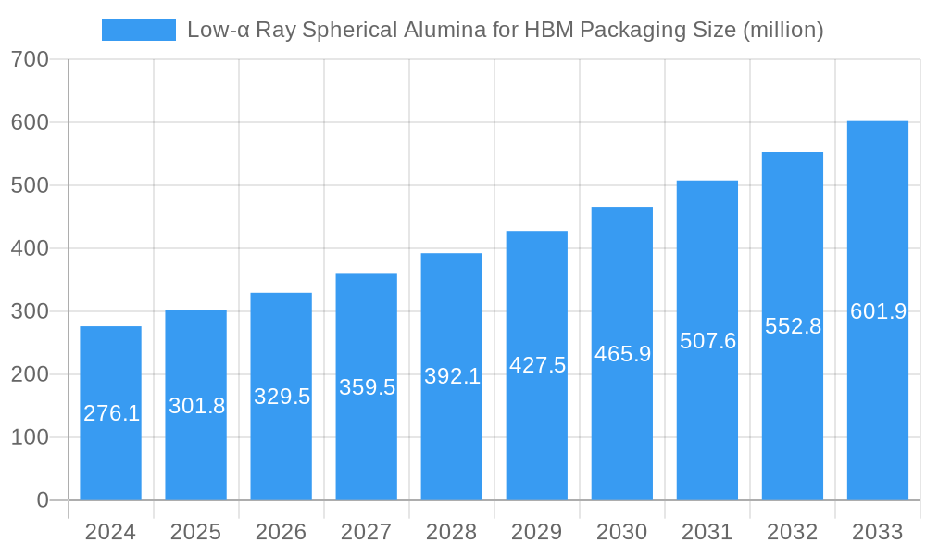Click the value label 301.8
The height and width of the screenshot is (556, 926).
tap(196, 406)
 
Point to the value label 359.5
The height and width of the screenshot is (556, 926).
tap(367, 387)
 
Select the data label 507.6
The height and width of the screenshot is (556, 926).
tap(707, 341)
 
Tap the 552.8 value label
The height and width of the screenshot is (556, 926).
tap(793, 326)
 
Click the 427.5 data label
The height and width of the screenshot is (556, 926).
tap(537, 365)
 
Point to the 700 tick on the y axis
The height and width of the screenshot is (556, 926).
tap(30, 59)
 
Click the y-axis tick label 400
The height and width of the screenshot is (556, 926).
tap(30, 248)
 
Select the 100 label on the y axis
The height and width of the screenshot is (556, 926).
tap(30, 437)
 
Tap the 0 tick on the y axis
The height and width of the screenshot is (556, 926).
tap(43, 500)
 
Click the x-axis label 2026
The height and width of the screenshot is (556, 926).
tap(281, 532)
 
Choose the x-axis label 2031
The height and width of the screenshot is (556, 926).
tap(707, 532)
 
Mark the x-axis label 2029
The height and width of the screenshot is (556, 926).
tap(536, 532)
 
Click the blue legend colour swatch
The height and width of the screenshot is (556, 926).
tap(139, 30)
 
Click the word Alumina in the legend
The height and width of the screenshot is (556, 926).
tap(444, 30)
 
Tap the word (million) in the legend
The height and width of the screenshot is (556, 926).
tap(782, 30)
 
